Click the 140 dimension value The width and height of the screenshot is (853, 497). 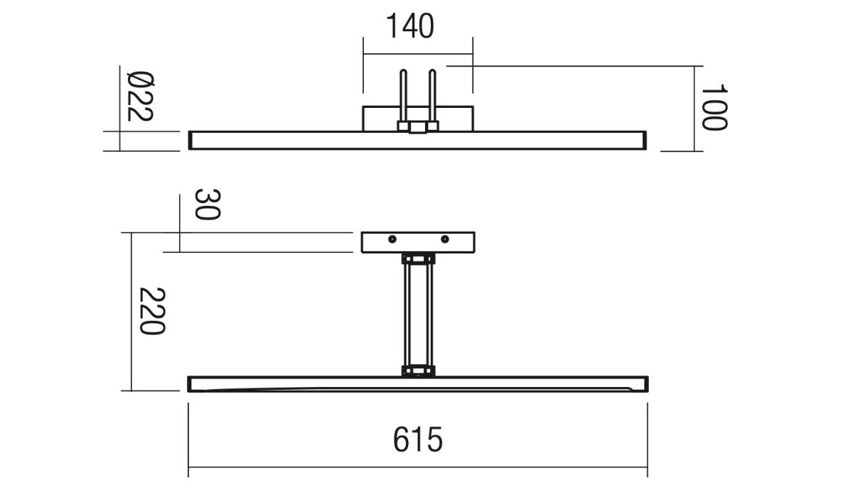tap(410, 26)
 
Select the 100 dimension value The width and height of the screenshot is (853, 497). tap(715, 108)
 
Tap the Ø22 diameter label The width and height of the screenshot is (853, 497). tap(140, 97)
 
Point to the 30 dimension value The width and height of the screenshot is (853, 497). tap(208, 204)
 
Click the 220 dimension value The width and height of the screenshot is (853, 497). tap(152, 311)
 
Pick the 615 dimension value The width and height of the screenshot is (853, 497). tap(418, 439)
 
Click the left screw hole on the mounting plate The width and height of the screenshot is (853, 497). tap(392, 239)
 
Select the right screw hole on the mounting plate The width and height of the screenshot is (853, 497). tap(444, 239)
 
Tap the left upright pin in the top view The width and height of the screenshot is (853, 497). tap(403, 96)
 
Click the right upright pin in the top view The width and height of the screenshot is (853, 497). tap(432, 96)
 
